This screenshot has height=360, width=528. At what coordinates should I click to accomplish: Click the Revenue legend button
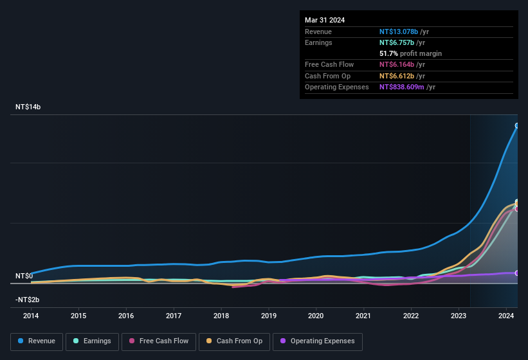(x=37, y=341)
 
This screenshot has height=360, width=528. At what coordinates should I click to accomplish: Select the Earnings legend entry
(x=93, y=341)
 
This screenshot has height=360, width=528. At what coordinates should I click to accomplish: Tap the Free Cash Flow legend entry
(x=158, y=341)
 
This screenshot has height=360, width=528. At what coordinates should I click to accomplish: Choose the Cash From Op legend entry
(x=234, y=341)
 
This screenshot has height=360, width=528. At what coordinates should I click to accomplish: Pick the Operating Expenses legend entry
(x=317, y=341)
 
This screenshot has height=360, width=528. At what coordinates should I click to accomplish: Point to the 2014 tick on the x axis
(x=31, y=316)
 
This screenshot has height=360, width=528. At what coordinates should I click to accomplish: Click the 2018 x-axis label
(x=221, y=316)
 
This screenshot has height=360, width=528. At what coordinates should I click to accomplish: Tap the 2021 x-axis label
(x=363, y=316)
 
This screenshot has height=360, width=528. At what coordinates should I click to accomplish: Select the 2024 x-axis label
(x=506, y=316)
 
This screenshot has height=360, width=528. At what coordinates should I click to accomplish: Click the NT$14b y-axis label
(x=28, y=107)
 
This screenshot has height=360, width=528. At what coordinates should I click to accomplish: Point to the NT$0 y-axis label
(x=24, y=276)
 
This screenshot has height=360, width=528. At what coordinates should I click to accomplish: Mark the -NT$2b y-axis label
(x=27, y=300)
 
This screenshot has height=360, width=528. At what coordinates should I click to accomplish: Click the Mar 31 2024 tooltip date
(x=325, y=20)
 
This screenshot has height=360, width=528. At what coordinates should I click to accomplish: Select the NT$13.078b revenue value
(x=398, y=32)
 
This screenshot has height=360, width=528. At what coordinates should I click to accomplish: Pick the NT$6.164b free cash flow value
(x=397, y=65)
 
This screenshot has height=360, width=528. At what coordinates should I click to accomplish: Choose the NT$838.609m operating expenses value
(x=402, y=87)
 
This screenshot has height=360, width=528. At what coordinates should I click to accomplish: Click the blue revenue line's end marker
(x=517, y=126)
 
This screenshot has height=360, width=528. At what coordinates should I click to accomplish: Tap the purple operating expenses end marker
(x=517, y=273)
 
